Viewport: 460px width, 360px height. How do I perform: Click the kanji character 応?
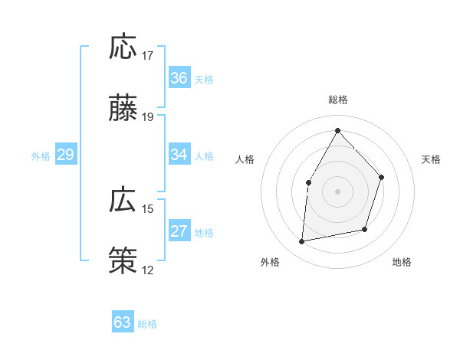tap(123, 47)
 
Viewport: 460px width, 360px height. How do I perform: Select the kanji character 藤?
tap(123, 108)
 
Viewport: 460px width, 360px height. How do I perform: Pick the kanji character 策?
tap(123, 260)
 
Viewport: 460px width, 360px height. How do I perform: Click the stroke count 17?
tap(148, 56)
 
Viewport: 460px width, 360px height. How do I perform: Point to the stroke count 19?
tap(148, 117)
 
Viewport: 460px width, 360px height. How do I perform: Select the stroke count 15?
tap(148, 208)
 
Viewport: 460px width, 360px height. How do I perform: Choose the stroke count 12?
tap(148, 270)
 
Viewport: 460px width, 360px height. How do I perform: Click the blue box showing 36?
tap(179, 78)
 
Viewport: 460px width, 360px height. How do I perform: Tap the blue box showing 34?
tap(179, 155)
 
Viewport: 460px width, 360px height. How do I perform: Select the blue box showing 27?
tap(179, 231)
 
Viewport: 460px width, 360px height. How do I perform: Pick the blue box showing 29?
tap(65, 155)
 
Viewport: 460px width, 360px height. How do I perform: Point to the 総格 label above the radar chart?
tap(338, 100)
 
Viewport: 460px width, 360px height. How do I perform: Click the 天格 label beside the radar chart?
tap(432, 159)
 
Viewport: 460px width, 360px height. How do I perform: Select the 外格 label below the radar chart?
tap(270, 262)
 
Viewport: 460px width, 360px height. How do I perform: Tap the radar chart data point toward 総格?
tap(337, 130)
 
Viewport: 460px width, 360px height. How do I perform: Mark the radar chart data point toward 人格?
tap(309, 182)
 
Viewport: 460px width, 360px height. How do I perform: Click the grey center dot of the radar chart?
tap(337, 191)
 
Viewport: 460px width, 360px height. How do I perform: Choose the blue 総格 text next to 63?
tap(147, 324)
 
